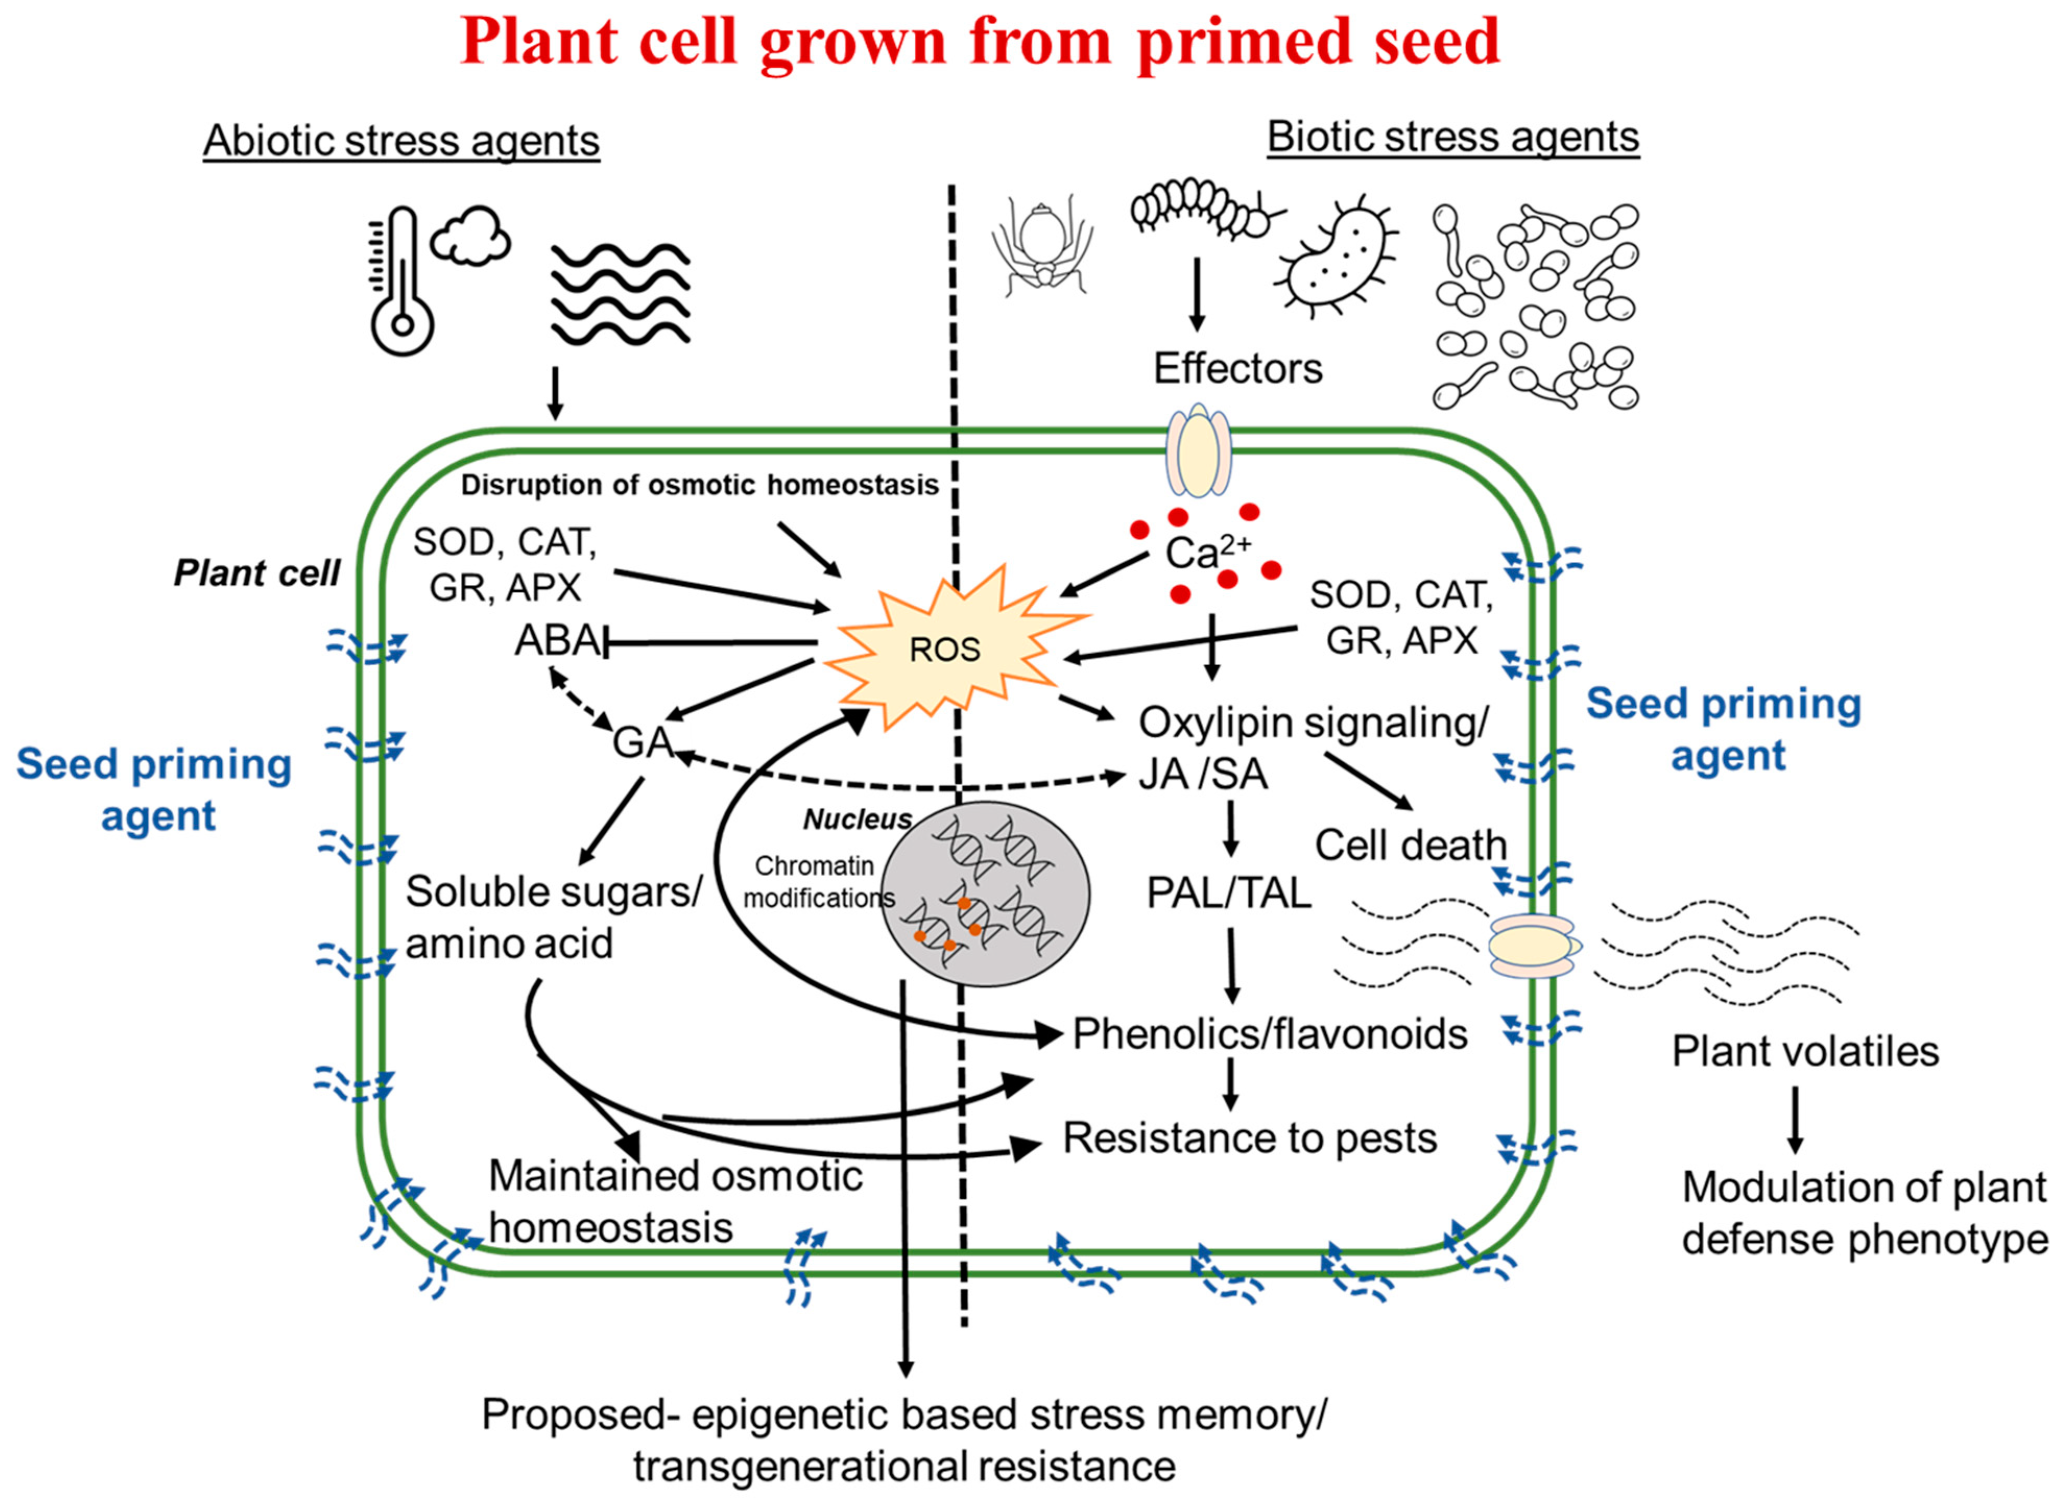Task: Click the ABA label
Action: tap(555, 641)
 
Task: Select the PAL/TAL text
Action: tap(1228, 893)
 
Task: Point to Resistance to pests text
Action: tap(1249, 1137)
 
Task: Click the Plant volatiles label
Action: tap(1805, 1051)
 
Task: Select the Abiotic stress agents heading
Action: tap(401, 141)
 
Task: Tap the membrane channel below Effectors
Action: tap(1198, 451)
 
